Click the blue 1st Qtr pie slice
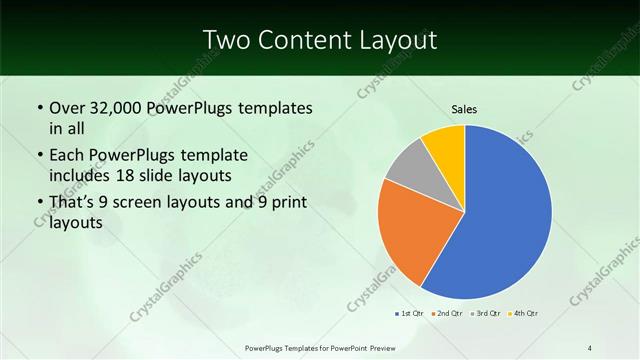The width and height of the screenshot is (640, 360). (505, 215)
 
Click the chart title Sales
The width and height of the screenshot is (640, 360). (463, 109)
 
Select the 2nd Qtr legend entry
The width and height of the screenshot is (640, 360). (446, 313)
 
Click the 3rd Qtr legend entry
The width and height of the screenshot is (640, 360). (486, 313)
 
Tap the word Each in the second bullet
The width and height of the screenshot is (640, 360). (67, 155)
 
